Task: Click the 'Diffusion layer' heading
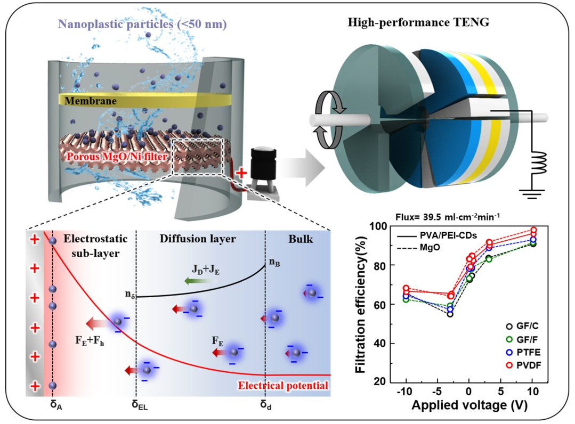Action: [x=198, y=239]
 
